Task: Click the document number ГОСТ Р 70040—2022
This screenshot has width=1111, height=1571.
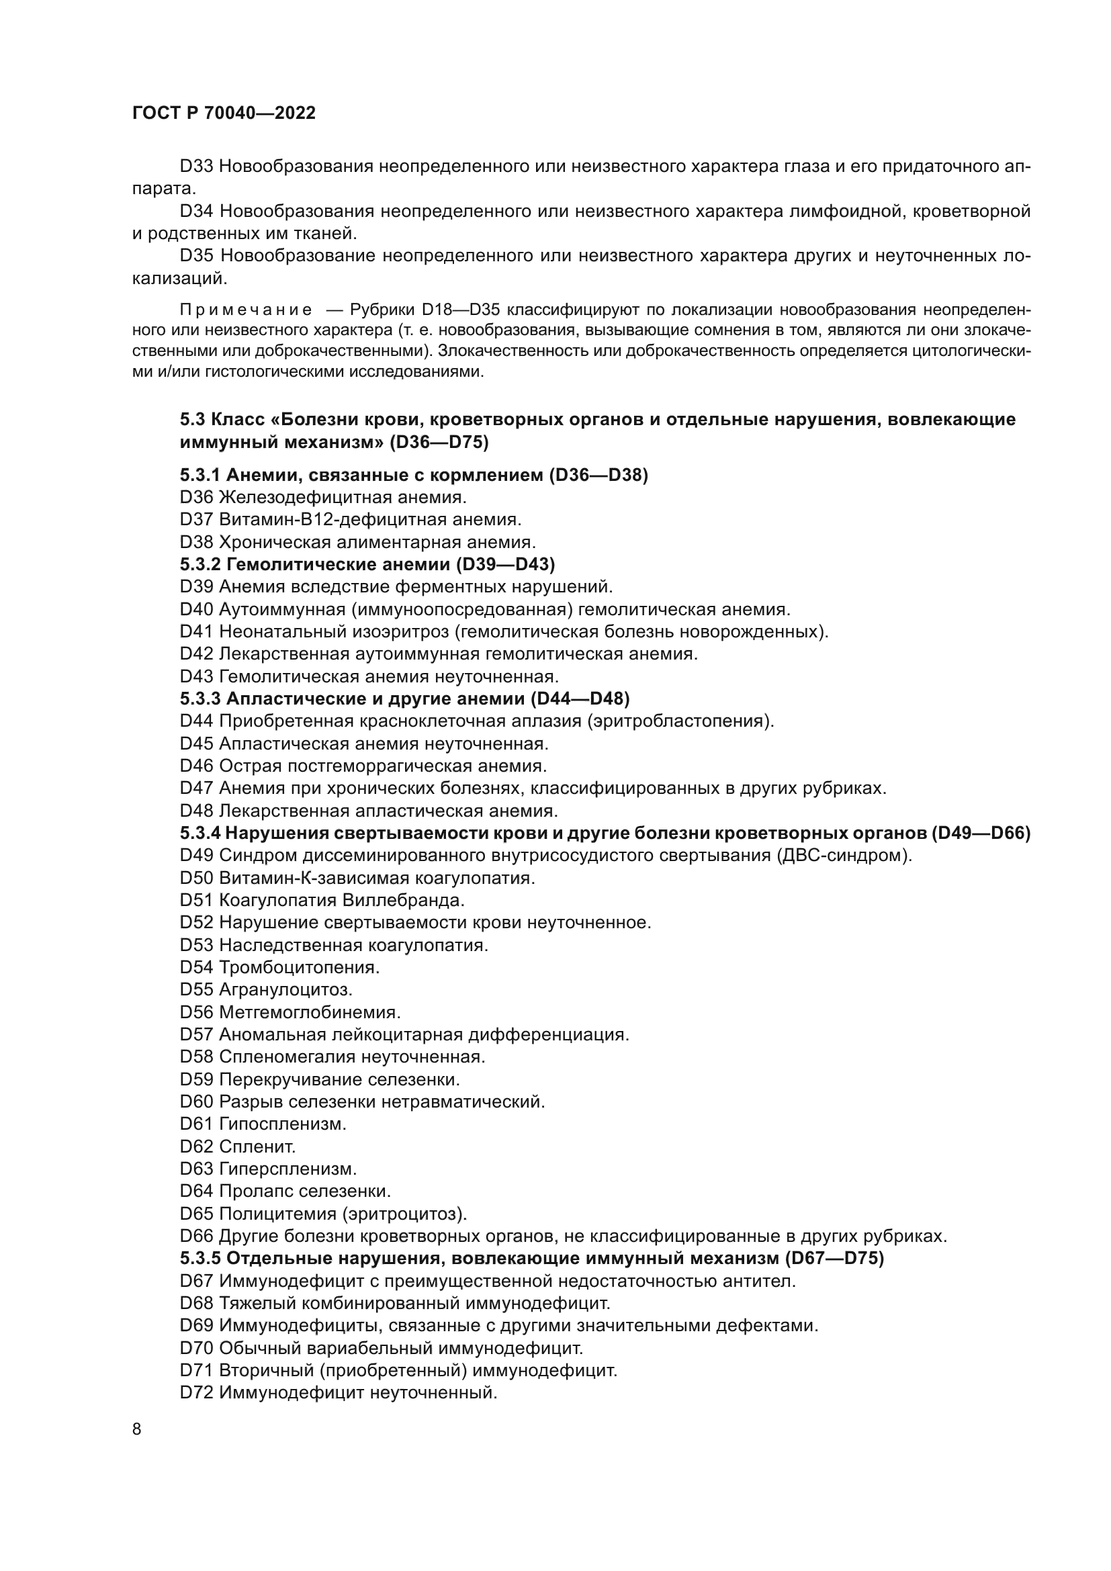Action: (224, 114)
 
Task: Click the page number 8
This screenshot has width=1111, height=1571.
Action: (137, 1429)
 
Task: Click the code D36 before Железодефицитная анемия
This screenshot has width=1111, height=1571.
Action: (197, 498)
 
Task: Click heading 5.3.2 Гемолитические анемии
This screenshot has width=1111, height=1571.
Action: (367, 564)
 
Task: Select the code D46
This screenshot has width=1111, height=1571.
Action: (197, 766)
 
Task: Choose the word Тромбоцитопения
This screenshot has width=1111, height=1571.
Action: (298, 967)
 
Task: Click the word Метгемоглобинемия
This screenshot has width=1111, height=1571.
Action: (309, 1012)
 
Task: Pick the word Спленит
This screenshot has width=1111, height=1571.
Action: (257, 1146)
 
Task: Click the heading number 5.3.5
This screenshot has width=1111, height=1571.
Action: (200, 1258)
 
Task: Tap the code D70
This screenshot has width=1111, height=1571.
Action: (197, 1349)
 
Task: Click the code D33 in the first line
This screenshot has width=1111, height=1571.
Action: (197, 167)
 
